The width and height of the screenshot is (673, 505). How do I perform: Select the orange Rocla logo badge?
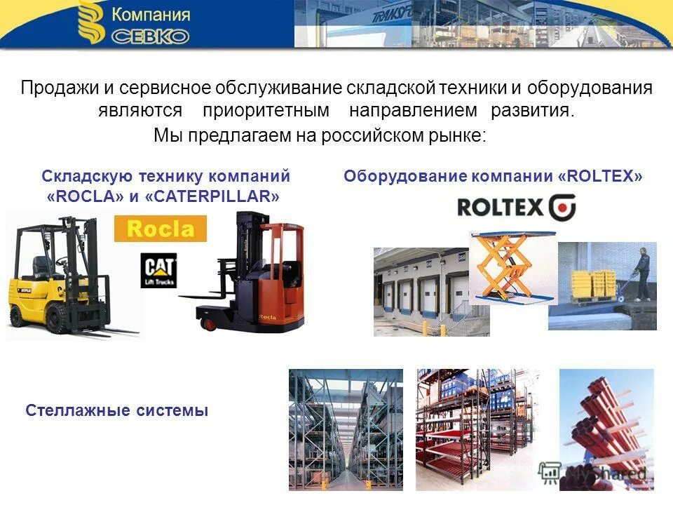pyautogui.click(x=160, y=229)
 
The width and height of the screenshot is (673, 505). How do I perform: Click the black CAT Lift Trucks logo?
pyautogui.click(x=158, y=269)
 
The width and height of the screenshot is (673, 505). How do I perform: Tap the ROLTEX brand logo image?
pyautogui.click(x=516, y=208)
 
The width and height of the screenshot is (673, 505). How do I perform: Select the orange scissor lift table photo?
pyautogui.click(x=512, y=267)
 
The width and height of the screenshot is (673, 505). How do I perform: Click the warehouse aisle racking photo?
pyautogui.click(x=346, y=429)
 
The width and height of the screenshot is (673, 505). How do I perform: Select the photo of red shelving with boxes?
pyautogui.click(x=477, y=429)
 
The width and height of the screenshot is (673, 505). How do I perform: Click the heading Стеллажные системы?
pyautogui.click(x=117, y=410)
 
